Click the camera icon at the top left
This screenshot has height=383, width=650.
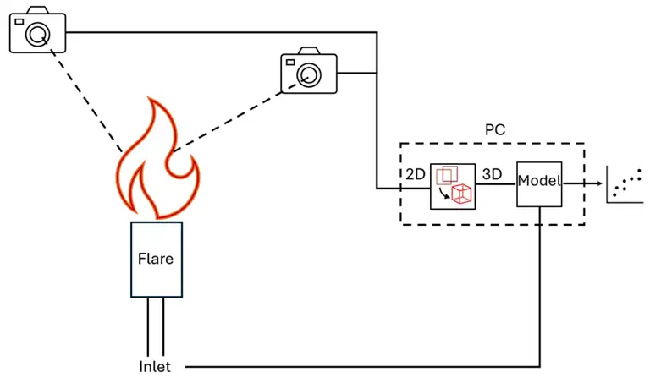click(x=36, y=30)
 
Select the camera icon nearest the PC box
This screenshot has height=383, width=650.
click(x=309, y=73)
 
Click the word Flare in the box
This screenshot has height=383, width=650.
click(x=156, y=259)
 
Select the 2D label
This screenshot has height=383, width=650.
click(x=415, y=174)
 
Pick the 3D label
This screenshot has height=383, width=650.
click(x=493, y=174)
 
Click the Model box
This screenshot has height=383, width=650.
click(x=540, y=182)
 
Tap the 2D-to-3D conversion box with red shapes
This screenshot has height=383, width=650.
click(x=452, y=186)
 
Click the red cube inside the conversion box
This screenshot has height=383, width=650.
click(x=461, y=194)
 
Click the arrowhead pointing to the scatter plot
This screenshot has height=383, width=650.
click(x=598, y=182)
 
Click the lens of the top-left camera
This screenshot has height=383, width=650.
click(x=38, y=34)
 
